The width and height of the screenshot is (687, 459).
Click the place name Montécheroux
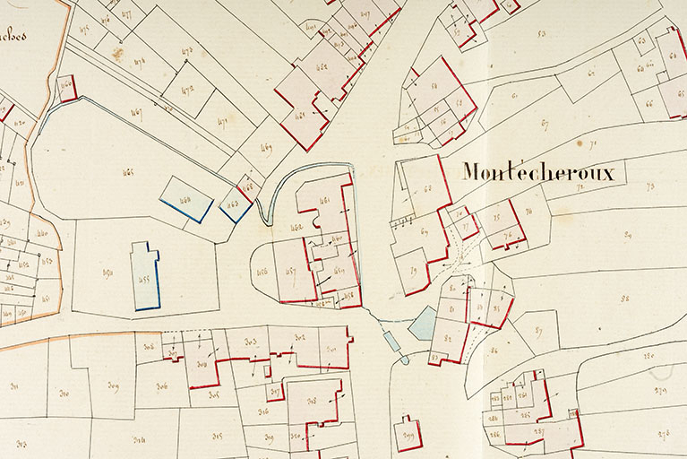click(x=538, y=172)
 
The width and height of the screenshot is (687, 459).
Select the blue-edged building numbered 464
click(x=186, y=198)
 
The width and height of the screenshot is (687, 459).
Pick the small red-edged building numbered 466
click(x=65, y=87)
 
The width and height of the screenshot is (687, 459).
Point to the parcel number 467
click(x=136, y=113)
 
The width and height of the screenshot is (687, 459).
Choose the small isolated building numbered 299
click(x=409, y=434)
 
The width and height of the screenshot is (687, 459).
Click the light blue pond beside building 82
click(x=423, y=323)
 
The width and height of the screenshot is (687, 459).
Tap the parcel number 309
click(x=113, y=386)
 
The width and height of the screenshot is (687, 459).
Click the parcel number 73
click(x=650, y=186)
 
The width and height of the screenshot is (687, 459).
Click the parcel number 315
click(x=218, y=436)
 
